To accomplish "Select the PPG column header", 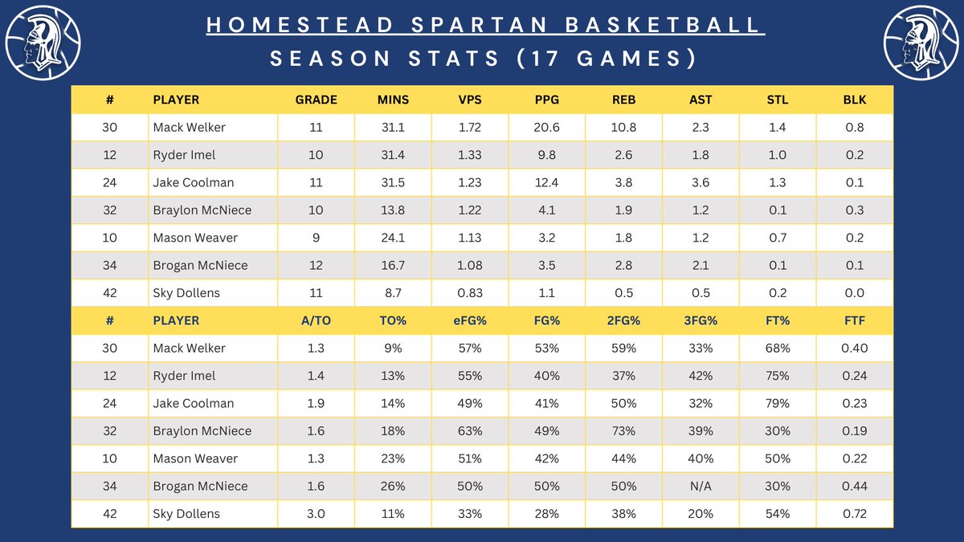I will [x=547, y=100].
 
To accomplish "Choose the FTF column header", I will [x=855, y=320].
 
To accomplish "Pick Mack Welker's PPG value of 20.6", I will [x=547, y=128].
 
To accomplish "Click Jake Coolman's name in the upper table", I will [x=193, y=183].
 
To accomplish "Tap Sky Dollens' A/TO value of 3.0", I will [x=316, y=514].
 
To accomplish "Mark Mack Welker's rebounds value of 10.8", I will [x=623, y=128].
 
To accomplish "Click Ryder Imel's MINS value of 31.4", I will [x=393, y=155].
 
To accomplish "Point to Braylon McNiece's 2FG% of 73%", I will [x=623, y=431].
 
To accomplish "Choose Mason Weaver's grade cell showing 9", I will [x=316, y=238].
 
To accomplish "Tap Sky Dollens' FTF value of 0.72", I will [x=855, y=514].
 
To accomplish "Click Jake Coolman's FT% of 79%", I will [x=778, y=403].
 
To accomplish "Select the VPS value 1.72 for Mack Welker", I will [x=470, y=128].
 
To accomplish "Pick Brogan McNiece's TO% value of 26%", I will [x=393, y=486].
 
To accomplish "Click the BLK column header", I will [x=855, y=100].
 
